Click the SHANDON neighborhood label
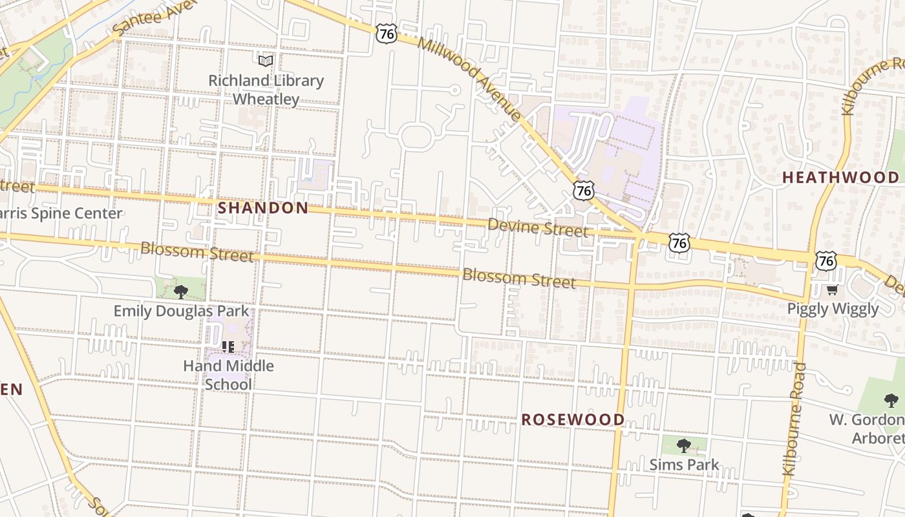(x=263, y=208)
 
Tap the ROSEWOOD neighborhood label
(x=573, y=419)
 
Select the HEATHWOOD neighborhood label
(x=840, y=177)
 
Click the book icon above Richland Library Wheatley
(x=266, y=61)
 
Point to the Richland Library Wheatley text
(x=266, y=90)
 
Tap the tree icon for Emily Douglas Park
(x=181, y=291)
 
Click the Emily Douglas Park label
(x=181, y=311)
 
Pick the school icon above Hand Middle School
(x=228, y=347)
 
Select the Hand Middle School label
(x=228, y=375)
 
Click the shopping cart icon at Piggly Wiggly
(x=833, y=290)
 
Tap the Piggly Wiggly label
(x=833, y=308)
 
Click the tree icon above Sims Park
(x=684, y=445)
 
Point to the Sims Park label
(x=684, y=465)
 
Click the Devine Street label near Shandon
(x=538, y=228)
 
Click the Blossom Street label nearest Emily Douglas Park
(x=197, y=251)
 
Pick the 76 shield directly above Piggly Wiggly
(x=825, y=260)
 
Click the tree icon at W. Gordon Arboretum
(x=891, y=401)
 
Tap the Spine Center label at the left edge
(x=61, y=213)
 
